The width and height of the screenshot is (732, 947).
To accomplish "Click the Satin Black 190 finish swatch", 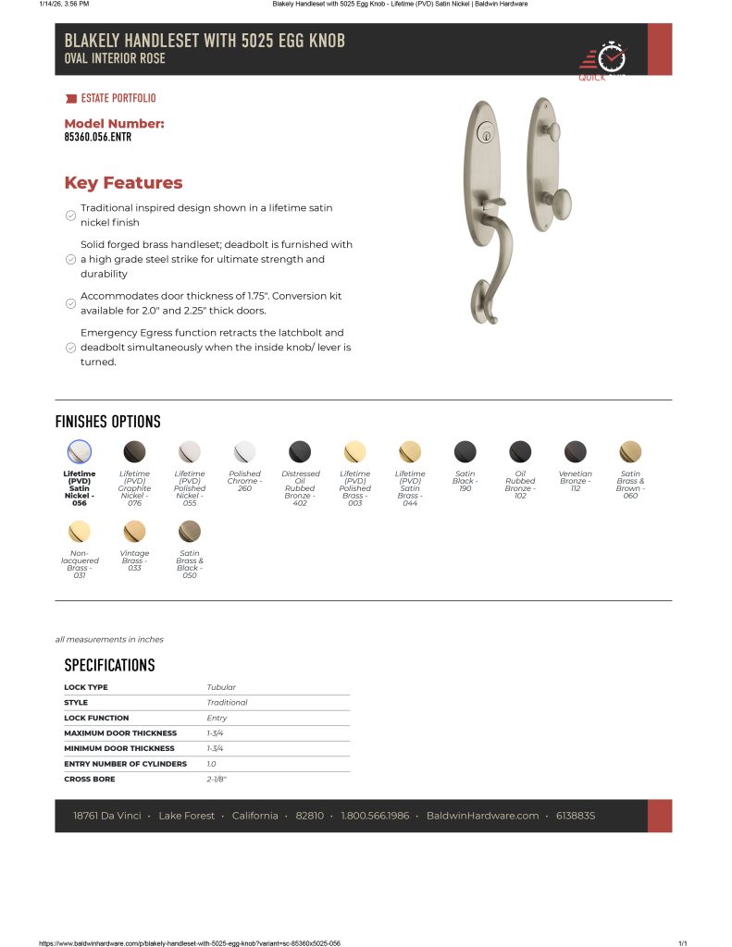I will pos(465,451).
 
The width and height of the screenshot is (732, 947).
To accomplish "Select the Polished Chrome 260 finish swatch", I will pos(244,451).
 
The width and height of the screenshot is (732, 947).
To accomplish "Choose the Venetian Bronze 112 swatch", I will pos(575,451).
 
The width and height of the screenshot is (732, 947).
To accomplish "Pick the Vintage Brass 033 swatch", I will pos(134,531).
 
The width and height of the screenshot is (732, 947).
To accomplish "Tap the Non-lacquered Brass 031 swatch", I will pos(80,531).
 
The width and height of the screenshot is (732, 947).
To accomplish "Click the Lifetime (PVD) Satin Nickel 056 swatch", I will pos(80,451).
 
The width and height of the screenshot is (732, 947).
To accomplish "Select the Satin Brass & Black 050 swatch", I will pos(190,531).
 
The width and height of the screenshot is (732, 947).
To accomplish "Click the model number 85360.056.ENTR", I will pos(98,137).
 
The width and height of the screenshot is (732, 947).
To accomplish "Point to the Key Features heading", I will pos(123,183).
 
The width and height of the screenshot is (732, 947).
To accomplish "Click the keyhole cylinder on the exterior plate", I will pos(483,133).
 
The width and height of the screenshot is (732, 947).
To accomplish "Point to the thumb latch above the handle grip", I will pos(494,201).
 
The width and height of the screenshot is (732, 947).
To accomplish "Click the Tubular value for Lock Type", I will pos(221,687).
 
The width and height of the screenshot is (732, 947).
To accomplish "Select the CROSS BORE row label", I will pos(86,780).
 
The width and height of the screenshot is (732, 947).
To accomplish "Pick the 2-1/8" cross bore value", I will pos(217,780).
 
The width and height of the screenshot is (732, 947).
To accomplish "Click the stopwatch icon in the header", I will pos(612,56).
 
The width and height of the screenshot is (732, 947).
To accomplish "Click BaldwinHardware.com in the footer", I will pos(482,816).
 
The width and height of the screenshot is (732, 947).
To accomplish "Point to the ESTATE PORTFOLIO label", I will pos(118,98).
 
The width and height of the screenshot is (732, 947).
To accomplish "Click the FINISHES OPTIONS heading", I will pos(107,422).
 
